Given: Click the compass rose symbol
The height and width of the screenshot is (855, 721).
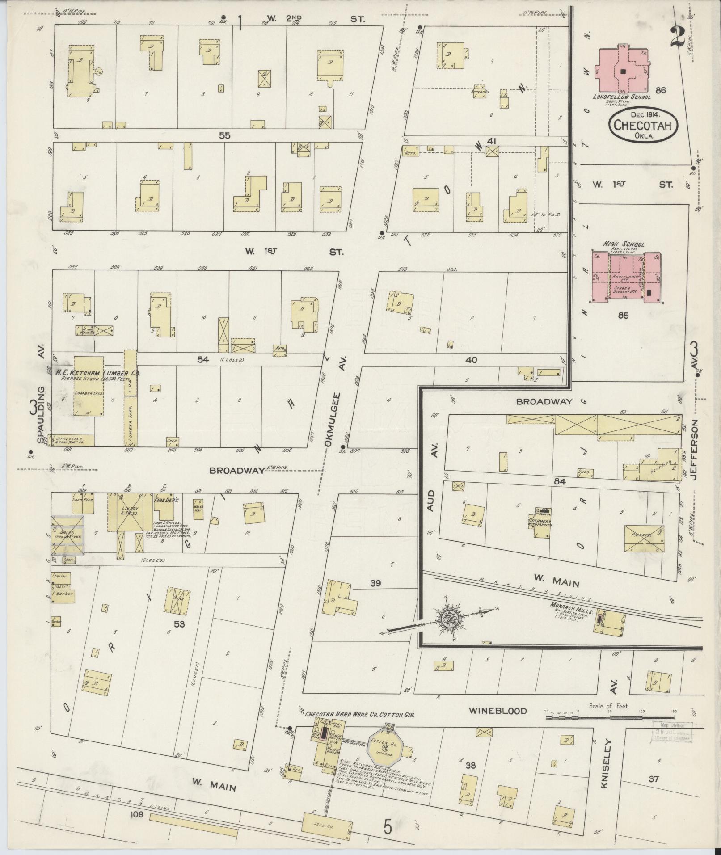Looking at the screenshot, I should pyautogui.click(x=447, y=619).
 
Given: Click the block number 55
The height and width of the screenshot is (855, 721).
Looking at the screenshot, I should pyautogui.click(x=224, y=135).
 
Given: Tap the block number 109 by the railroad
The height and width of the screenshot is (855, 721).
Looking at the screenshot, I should pyautogui.click(x=137, y=815).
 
